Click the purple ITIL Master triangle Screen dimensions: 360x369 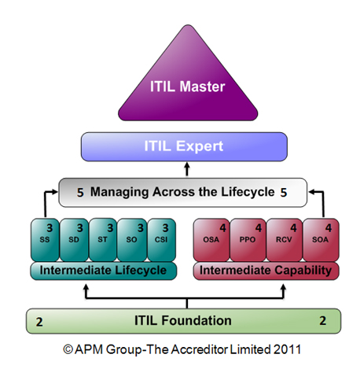pyautogui.click(x=188, y=87)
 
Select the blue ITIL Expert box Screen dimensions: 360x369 pyautogui.click(x=184, y=146)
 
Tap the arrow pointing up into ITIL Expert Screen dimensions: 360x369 pyautogui.click(x=187, y=169)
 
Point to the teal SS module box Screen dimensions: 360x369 pyautogui.click(x=45, y=240)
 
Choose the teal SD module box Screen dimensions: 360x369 pyautogui.click(x=74, y=240)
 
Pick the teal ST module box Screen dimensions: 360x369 pyautogui.click(x=103, y=240)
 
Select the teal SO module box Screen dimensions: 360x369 pyautogui.click(x=132, y=240)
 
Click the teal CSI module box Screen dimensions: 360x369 pyautogui.click(x=161, y=240)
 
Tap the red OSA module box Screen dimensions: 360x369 pyautogui.click(x=211, y=240)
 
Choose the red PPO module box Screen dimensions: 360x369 pyautogui.click(x=248, y=240)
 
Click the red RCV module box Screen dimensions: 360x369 pyautogui.click(x=285, y=240)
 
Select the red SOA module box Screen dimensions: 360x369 pyautogui.click(x=321, y=240)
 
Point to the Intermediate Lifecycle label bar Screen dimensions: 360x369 pyautogui.click(x=104, y=271)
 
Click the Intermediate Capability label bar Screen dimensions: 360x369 pyautogui.click(x=266, y=271)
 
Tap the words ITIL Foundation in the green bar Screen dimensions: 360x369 pyautogui.click(x=183, y=320)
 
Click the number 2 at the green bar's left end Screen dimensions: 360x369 pyautogui.click(x=39, y=322)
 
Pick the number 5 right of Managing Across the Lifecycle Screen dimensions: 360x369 pyautogui.click(x=284, y=193)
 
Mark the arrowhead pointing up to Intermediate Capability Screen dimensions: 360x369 pyautogui.click(x=283, y=288)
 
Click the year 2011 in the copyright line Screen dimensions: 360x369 pyautogui.click(x=288, y=349)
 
